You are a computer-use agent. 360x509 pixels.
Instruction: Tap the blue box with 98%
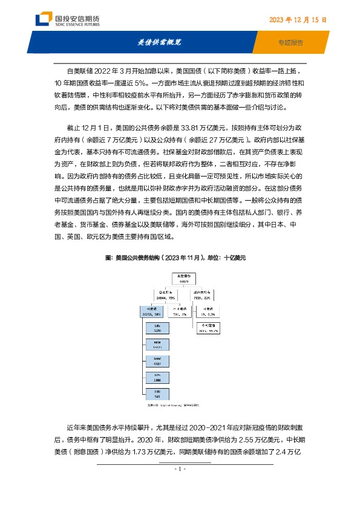click(150, 313)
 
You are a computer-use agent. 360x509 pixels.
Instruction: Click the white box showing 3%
click(178, 313)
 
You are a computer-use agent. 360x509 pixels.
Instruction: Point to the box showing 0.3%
click(209, 313)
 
